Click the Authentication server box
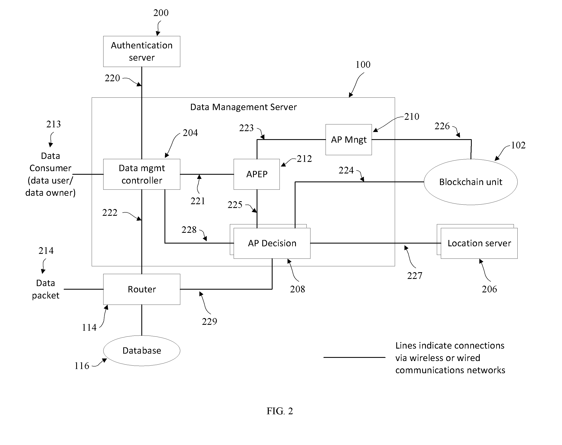pos(142,51)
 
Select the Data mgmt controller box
pos(142,174)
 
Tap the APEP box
pos(257,174)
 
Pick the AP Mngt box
pos(349,140)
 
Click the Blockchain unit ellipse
pos(471,182)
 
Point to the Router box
pos(142,289)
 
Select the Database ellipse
pos(142,351)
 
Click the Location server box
pos(479,243)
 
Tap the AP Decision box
pos(272,243)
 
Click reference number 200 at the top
pos(161,13)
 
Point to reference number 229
pos(209,321)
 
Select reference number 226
pos(442,126)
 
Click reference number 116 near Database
pos(82,366)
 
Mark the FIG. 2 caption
pos(280,411)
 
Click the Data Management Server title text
pos(243,107)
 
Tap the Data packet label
pos(46,289)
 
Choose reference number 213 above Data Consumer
pos(54,124)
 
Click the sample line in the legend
pos(354,357)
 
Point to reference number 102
pos(518,145)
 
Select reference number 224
pos(346,170)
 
